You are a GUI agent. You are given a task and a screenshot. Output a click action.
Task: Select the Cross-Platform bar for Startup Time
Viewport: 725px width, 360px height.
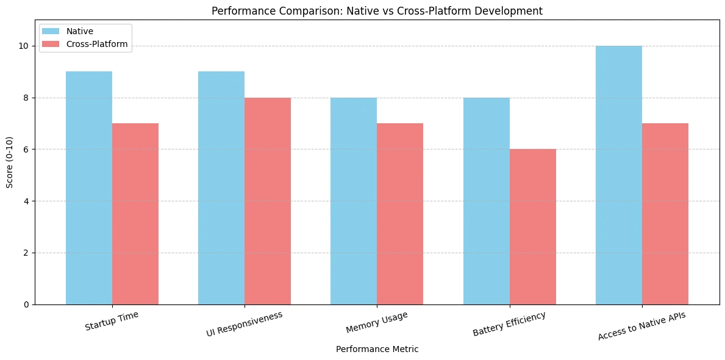click(135, 214)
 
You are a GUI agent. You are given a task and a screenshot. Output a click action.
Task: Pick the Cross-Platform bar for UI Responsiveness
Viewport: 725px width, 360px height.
click(268, 201)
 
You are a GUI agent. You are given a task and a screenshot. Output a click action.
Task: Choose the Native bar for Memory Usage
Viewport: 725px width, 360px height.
click(354, 201)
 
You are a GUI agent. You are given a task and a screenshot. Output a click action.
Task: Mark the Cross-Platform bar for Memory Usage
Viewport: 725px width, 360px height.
click(400, 214)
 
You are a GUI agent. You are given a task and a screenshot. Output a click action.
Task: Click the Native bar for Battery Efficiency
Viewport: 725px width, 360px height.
click(487, 201)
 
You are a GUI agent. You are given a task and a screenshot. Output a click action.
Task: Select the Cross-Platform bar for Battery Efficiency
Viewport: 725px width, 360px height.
click(533, 226)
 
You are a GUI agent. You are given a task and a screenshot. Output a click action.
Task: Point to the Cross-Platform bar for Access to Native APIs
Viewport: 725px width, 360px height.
click(665, 214)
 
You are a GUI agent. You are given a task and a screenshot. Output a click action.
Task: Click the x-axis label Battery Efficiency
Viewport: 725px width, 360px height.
click(509, 324)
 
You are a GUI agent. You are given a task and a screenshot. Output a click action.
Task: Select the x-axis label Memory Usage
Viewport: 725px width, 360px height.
click(376, 323)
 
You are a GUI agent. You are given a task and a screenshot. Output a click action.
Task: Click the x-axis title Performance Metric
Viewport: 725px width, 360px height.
click(377, 350)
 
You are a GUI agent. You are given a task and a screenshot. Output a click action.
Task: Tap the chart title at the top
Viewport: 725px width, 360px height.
click(377, 10)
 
